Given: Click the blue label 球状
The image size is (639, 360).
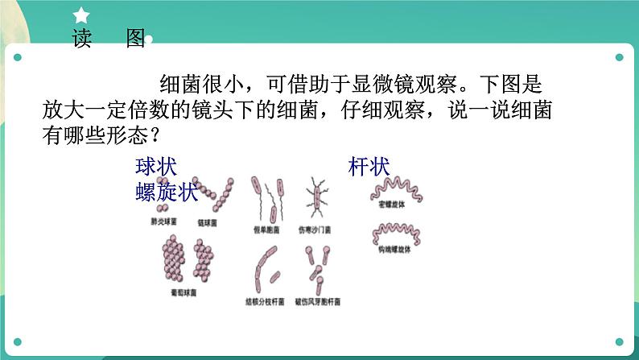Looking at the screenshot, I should [x=155, y=168].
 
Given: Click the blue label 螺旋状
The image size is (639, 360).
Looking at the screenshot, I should [x=167, y=192].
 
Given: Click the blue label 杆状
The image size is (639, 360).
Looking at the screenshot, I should [x=369, y=168].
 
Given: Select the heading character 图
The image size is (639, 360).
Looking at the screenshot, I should [x=134, y=39].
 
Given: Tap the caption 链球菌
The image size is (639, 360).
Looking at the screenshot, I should [x=207, y=222].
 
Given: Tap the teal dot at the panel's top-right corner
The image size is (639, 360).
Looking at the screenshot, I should [x=620, y=57].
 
